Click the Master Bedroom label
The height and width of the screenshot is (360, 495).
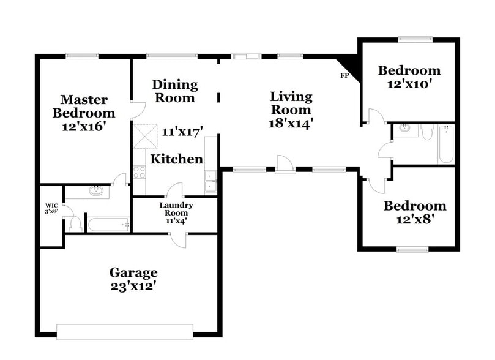pyautogui.click(x=84, y=107)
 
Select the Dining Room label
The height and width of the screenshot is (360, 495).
pyautogui.click(x=175, y=91)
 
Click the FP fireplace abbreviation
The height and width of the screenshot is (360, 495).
pyautogui.click(x=344, y=76)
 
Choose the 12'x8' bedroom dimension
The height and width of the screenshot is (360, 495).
pyautogui.click(x=415, y=219)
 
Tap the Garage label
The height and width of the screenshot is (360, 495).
pyautogui.click(x=133, y=272)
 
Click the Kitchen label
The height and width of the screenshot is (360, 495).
pyautogui.click(x=177, y=159)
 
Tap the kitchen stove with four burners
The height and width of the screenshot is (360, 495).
pyautogui.click(x=139, y=172)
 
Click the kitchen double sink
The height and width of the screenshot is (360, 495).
pyautogui.click(x=210, y=177)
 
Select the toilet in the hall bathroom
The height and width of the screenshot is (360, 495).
pyautogui.click(x=427, y=132)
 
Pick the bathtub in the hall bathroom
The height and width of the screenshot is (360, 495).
pyautogui.click(x=445, y=144)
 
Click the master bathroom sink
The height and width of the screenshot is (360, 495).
pyautogui.click(x=96, y=190)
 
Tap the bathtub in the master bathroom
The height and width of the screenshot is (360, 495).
pyautogui.click(x=108, y=225)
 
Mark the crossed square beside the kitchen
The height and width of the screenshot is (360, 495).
pyautogui.click(x=145, y=136)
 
